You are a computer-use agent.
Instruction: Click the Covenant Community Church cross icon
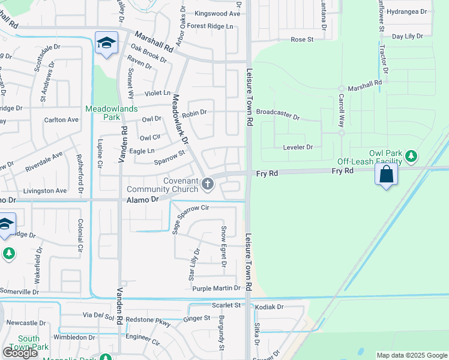tap(208, 184)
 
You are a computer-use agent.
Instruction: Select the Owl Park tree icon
tap(411, 157)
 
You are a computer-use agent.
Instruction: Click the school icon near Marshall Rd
tap(106, 43)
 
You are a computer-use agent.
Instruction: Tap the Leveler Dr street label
tap(298, 147)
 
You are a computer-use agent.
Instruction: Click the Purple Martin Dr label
tap(216, 289)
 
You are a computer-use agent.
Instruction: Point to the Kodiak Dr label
tap(269, 307)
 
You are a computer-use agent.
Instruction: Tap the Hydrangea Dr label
tap(406, 11)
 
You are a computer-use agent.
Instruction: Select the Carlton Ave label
tap(61, 120)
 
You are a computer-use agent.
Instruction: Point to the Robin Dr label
tap(194, 112)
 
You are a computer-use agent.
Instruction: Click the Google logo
tap(20, 353)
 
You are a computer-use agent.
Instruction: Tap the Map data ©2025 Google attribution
tap(411, 355)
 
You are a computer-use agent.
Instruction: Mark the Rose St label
tap(302, 40)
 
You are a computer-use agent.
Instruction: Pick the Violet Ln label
tap(157, 94)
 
